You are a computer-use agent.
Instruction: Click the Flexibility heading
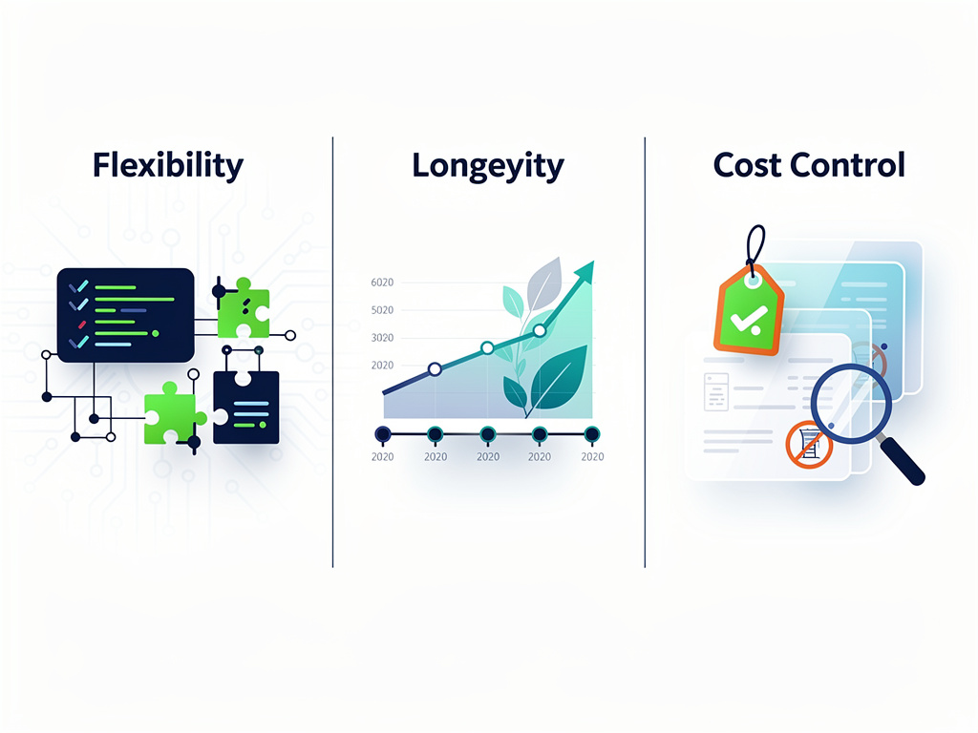coord(168,166)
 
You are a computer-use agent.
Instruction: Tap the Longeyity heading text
coord(488,166)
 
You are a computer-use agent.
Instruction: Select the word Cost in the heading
coord(747,165)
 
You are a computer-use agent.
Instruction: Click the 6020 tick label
coord(382,283)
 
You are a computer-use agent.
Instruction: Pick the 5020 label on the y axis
coord(382,310)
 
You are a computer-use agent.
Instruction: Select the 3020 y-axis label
coord(382,338)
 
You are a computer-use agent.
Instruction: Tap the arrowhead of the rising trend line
coord(585,271)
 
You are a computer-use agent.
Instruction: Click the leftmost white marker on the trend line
coord(436,369)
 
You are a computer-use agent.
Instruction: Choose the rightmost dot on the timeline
coord(592,434)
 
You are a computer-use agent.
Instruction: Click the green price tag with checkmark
coord(749,310)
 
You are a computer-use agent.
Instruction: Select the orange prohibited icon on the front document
coord(809,445)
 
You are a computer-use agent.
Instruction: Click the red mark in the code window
coord(82,325)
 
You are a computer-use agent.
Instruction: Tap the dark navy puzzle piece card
coord(245,407)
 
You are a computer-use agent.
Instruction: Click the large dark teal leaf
coord(557,379)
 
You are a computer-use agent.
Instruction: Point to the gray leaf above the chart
coord(544,283)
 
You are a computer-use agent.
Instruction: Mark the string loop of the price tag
coord(755,249)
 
